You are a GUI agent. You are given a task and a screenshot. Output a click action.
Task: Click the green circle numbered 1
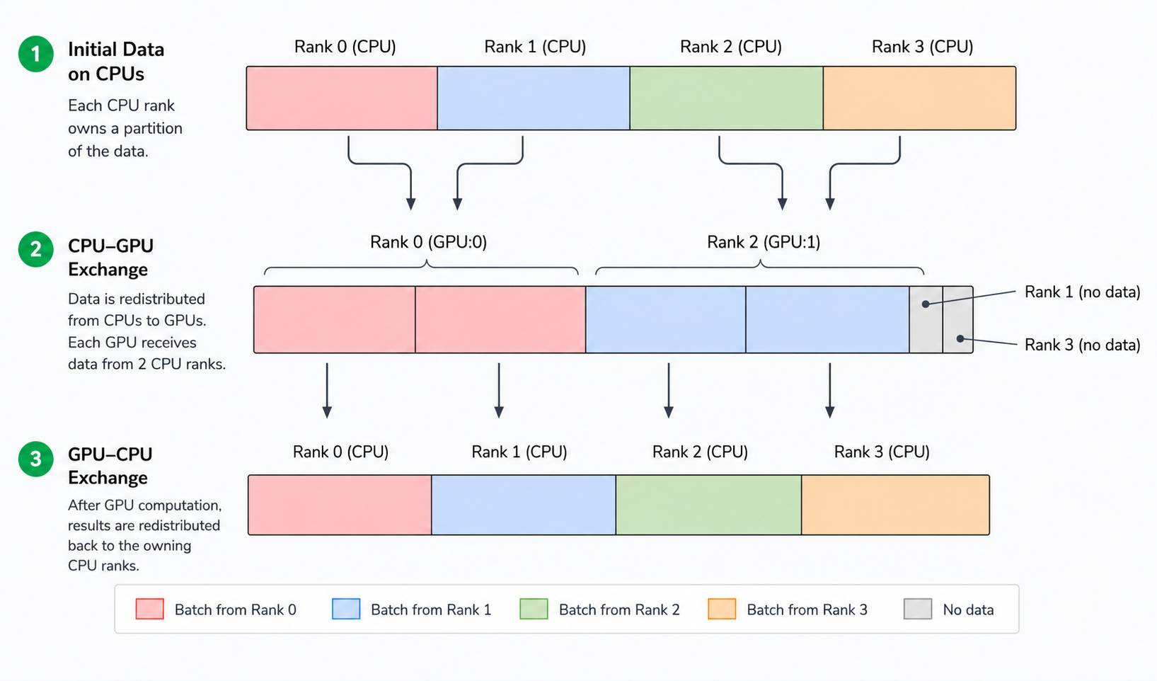pos(35,55)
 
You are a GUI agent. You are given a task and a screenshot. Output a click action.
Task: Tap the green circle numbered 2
pos(35,250)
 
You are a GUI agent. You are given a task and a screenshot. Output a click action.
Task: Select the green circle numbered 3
pos(35,459)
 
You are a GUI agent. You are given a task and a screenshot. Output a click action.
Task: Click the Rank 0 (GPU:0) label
pos(428,242)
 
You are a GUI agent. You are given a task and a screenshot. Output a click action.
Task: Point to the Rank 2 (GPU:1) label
pos(764,242)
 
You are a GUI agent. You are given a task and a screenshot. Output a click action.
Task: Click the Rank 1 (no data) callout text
pos(1082,292)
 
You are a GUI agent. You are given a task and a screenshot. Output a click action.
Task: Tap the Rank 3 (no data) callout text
pos(1082,345)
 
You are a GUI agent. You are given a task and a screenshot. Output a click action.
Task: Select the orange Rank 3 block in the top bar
pos(919,98)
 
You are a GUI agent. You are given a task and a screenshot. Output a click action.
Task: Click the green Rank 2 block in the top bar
pos(726,98)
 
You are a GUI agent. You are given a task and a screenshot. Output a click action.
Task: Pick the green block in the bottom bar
pos(708,505)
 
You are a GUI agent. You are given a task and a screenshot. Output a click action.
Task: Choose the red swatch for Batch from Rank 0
pos(150,609)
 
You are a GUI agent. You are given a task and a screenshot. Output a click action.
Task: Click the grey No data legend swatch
pos(918,609)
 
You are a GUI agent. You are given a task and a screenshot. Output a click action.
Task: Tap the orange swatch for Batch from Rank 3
pos(722,609)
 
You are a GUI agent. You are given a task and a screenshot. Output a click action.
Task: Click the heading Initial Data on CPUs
pos(116,62)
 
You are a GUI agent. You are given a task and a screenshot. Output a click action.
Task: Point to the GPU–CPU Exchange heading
pos(110,466)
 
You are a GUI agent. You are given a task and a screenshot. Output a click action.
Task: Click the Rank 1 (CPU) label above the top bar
pos(535,47)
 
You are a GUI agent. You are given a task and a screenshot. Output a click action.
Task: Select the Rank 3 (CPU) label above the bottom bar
pos(882,452)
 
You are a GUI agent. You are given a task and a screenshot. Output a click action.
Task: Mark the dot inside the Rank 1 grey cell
pos(926,304)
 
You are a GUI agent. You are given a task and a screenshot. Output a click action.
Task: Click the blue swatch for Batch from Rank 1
pos(346,609)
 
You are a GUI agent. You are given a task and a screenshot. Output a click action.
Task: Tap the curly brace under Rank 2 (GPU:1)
pos(760,266)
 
